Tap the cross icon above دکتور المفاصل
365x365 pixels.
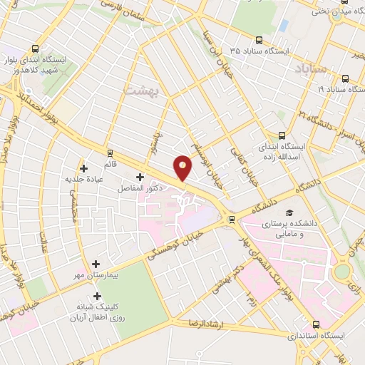pyautogui.click(x=140, y=177)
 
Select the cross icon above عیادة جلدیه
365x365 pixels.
pyautogui.click(x=85, y=169)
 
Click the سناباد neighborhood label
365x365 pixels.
pyautogui.click(x=309, y=70)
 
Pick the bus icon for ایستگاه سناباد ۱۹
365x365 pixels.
pyautogui.click(x=345, y=79)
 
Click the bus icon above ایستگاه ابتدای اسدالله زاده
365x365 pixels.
pyautogui.click(x=282, y=135)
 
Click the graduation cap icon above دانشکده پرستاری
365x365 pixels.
pyautogui.click(x=289, y=213)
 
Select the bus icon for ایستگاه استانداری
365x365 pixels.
pyautogui.click(x=314, y=323)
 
